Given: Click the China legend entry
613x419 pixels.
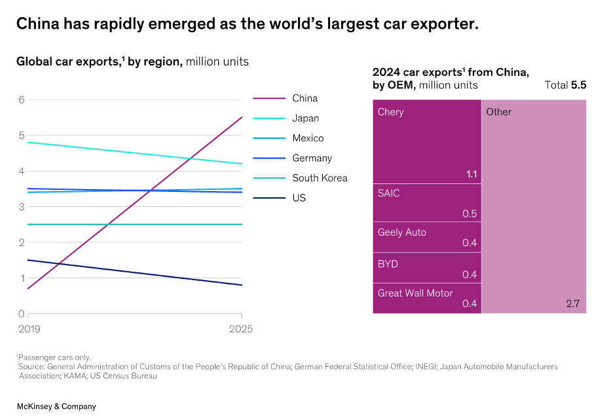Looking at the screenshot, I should [x=305, y=98].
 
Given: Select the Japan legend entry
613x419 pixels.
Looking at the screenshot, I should [x=305, y=118].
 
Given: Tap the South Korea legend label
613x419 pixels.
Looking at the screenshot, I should [x=320, y=178].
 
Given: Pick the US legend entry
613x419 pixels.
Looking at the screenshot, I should [x=299, y=198].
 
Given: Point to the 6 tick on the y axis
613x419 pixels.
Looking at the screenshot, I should [x=22, y=100].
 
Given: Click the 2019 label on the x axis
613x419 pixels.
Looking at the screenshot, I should [x=29, y=329].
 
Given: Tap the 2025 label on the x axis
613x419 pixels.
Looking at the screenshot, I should [x=240, y=329].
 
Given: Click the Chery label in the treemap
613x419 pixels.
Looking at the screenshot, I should [x=391, y=112].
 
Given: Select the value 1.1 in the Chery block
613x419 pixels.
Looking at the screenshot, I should [x=471, y=174].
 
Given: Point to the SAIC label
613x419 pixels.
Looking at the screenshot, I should [x=389, y=193].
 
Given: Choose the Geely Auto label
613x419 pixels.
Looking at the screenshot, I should [x=401, y=232].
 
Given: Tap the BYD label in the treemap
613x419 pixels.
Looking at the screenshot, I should [x=388, y=264].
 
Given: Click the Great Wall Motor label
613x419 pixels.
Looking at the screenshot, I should [x=415, y=293].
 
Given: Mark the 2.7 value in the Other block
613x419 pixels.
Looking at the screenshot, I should [x=573, y=304].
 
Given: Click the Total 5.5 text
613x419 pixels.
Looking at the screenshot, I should [x=565, y=85].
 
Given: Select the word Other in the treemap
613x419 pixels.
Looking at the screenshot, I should [x=499, y=112].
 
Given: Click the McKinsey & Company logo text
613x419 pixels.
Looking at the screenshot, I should [x=56, y=407].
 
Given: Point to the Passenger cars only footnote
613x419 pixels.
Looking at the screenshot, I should [x=54, y=357].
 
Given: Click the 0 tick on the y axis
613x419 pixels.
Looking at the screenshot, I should [x=22, y=314].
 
